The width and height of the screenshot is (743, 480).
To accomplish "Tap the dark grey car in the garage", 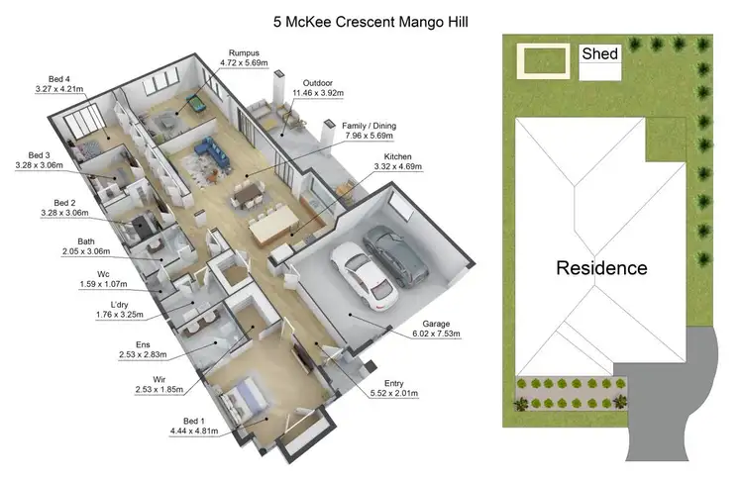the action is [x=396, y=252].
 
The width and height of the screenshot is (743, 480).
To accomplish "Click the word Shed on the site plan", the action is [x=600, y=53].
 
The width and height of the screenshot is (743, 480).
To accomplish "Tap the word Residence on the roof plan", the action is [x=601, y=267].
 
